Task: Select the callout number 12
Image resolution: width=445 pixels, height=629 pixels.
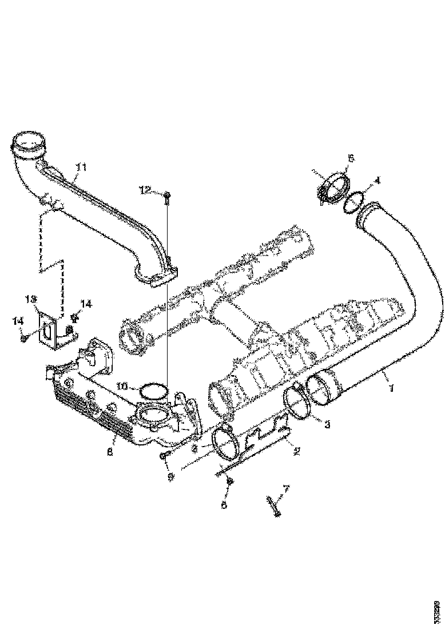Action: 146,190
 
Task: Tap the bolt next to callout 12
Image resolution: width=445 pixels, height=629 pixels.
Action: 166,198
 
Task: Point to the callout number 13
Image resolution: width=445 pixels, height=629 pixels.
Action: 30,299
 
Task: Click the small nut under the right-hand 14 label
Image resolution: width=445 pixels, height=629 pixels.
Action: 74,316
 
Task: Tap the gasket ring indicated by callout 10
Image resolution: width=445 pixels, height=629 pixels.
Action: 151,391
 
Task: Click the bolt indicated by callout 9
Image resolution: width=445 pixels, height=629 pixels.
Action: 165,455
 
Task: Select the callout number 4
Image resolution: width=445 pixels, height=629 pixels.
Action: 376,180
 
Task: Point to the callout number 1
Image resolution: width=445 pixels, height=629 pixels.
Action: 390,389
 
